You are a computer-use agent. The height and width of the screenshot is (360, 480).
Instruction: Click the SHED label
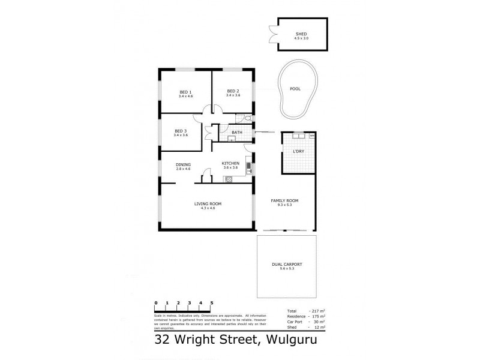tap(301, 34)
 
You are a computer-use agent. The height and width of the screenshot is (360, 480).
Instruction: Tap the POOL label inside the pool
tap(295, 89)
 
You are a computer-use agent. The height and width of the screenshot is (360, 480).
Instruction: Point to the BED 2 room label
tap(233, 92)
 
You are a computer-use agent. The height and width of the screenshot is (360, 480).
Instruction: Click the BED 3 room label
tap(181, 131)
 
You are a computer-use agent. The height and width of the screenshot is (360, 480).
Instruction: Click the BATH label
tap(236, 132)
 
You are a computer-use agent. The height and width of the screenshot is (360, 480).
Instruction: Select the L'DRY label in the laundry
tap(298, 152)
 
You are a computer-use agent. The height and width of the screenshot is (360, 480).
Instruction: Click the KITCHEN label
tap(230, 164)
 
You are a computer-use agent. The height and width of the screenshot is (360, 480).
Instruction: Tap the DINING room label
tap(183, 165)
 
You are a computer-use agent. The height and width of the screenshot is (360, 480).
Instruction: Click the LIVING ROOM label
tap(208, 204)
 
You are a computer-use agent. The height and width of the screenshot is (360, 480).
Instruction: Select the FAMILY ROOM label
tap(285, 200)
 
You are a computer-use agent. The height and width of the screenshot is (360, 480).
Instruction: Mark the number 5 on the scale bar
tap(212, 303)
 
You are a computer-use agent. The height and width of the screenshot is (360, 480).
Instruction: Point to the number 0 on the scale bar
tap(156, 303)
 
